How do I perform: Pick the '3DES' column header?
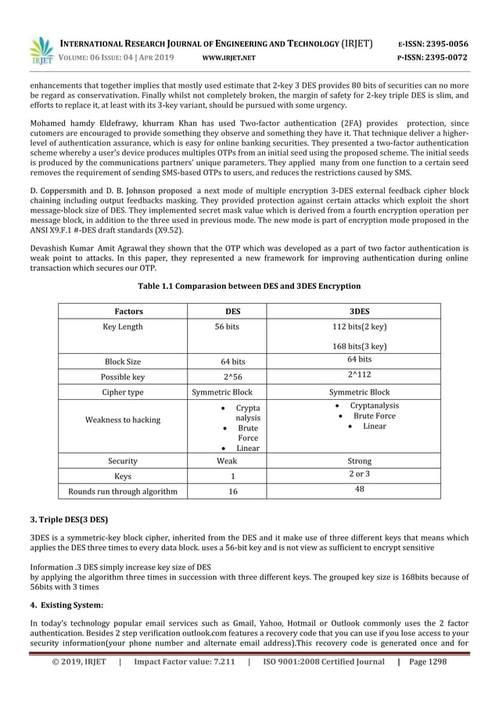[360, 312]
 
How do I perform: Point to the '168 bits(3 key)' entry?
[360, 346]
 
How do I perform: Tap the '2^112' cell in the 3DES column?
[360, 375]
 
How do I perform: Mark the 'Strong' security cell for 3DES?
[360, 461]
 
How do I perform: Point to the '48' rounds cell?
[360, 489]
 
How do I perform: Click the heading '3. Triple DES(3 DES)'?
[69, 520]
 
